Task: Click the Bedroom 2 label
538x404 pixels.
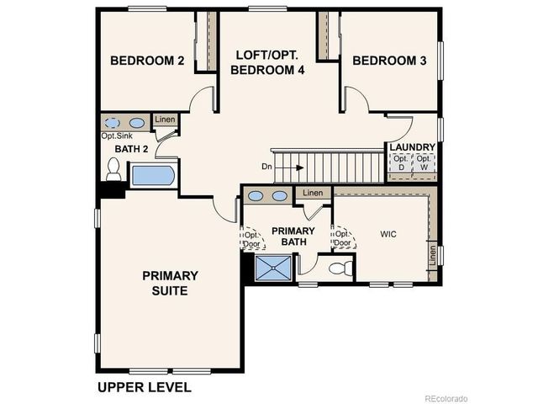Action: coord(148,61)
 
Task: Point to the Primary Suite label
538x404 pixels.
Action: coord(170,283)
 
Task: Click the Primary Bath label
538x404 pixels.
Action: coord(293,237)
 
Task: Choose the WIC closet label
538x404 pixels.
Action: coord(388,233)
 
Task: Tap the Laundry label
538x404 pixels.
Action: coord(412,146)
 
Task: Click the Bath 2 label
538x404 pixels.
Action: coord(131,150)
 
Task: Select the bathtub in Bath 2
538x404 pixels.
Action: coord(152,176)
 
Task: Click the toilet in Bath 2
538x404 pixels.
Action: coord(113,170)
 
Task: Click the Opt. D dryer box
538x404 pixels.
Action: coord(400,163)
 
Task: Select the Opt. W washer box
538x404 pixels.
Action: coord(424,163)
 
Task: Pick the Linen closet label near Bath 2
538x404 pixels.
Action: coord(165,120)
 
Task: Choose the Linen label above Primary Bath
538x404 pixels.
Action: coord(312,193)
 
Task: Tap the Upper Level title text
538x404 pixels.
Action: coord(144,387)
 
